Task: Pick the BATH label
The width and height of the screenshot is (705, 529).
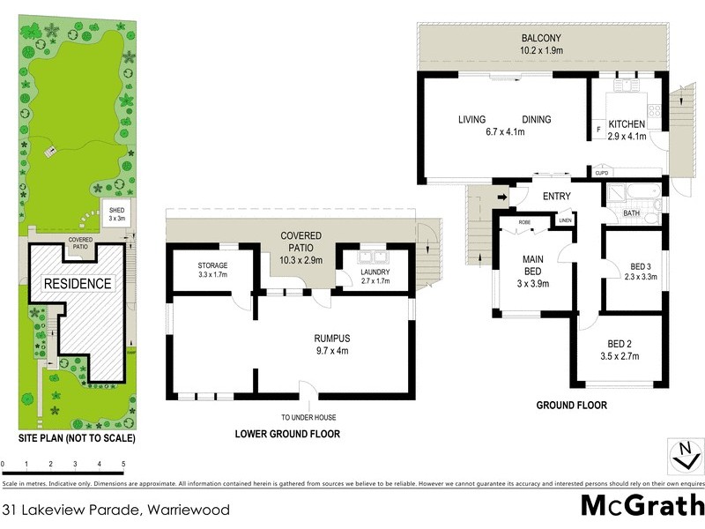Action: point(632,213)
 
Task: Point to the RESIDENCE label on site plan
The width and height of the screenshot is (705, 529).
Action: point(78,284)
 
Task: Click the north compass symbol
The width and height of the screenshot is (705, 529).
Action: point(684,457)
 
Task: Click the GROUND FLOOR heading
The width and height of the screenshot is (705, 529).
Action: point(571,406)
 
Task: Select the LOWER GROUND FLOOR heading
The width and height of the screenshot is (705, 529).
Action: point(286,434)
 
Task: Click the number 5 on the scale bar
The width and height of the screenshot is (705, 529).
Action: point(123,464)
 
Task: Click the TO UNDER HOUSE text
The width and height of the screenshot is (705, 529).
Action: point(308,417)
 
